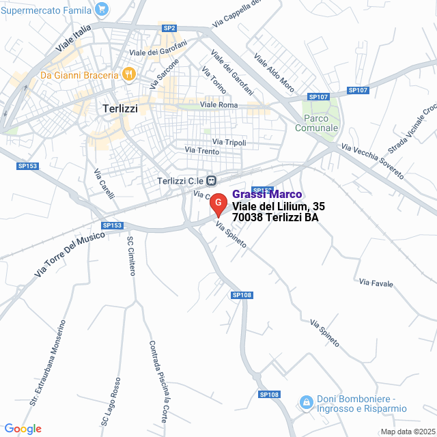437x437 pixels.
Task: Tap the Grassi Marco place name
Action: pos(267,195)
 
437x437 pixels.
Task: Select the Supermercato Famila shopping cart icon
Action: pos(102,9)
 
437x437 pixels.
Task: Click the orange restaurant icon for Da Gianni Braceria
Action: pos(128,73)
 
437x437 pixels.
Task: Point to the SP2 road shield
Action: pos(169,28)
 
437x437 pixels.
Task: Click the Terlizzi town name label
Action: pos(120,108)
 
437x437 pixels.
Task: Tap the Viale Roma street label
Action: pos(218,104)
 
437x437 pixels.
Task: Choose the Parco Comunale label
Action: pos(317,123)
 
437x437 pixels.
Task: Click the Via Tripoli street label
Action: pos(229,142)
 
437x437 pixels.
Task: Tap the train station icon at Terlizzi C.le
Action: pos(212,180)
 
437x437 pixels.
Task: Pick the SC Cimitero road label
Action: pos(130,255)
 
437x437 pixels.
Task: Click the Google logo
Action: pos(23,429)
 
